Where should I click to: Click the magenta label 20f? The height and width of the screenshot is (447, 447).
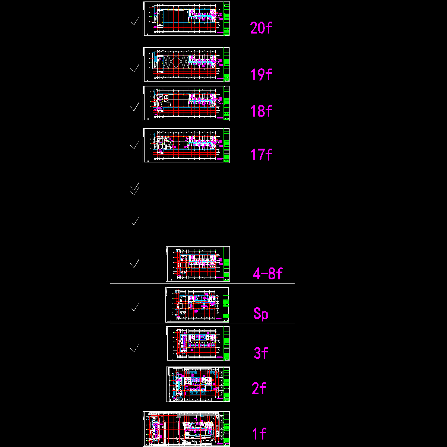(261, 28)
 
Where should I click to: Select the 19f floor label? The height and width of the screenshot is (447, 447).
(261, 74)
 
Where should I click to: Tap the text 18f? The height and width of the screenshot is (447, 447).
(261, 111)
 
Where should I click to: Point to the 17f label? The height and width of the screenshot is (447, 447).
(261, 154)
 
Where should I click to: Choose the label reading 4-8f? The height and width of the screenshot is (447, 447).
(267, 274)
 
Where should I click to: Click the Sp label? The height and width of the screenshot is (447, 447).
(261, 314)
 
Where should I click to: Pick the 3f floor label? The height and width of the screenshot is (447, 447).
(261, 353)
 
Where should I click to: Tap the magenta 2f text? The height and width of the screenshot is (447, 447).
(259, 389)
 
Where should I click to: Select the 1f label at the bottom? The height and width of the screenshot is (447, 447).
(259, 434)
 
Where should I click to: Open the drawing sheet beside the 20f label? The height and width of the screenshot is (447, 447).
(186, 19)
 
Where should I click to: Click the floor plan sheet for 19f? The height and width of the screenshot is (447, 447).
(186, 65)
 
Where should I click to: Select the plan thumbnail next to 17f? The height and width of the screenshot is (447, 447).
(186, 146)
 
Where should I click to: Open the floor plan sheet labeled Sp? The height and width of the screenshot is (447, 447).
(197, 305)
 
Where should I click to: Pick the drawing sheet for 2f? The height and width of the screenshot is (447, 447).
(198, 384)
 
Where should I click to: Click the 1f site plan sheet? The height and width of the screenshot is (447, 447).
(186, 429)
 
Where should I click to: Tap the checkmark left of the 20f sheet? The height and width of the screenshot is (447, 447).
(134, 21)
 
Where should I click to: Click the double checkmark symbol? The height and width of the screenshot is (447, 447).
(135, 189)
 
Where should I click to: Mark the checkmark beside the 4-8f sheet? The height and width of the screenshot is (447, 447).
(134, 263)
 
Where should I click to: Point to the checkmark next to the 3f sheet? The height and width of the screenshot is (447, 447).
(134, 348)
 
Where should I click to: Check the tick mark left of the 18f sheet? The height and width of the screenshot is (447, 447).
(134, 107)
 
